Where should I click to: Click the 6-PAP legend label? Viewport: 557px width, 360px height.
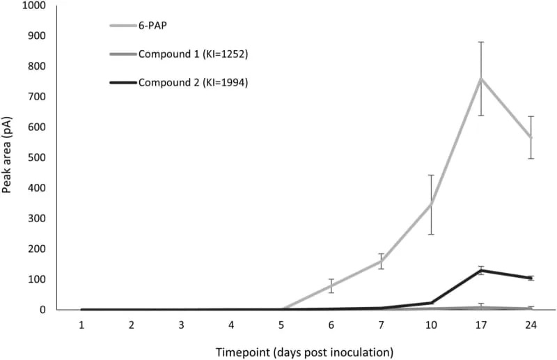(x=152, y=26)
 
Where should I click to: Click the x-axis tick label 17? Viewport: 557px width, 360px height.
(x=480, y=325)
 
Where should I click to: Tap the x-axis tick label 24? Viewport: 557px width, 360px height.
(x=531, y=325)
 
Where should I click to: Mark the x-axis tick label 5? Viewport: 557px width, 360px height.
(x=281, y=325)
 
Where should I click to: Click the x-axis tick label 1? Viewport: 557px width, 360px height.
(x=81, y=325)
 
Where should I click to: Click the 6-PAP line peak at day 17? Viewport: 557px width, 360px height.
(x=480, y=78)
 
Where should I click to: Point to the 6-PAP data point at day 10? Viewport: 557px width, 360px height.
(x=431, y=204)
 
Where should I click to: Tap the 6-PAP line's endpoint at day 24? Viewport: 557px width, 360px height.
(x=531, y=137)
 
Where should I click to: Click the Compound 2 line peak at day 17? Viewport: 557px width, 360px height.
(x=480, y=270)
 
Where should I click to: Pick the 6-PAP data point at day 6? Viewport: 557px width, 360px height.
(x=331, y=285)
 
